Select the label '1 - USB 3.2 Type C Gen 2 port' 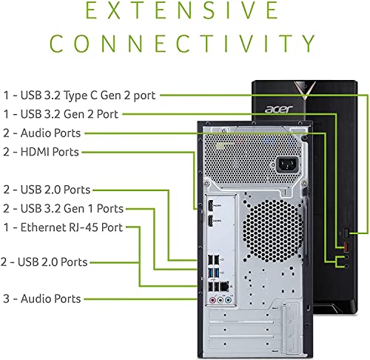pyautogui.click(x=79, y=95)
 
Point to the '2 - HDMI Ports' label pyautogui.click(x=41, y=152)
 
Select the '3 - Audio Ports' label pyautogui.click(x=41, y=299)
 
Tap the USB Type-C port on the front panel pyautogui.click(x=342, y=232)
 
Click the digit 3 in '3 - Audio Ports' pyautogui.click(x=5, y=299)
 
